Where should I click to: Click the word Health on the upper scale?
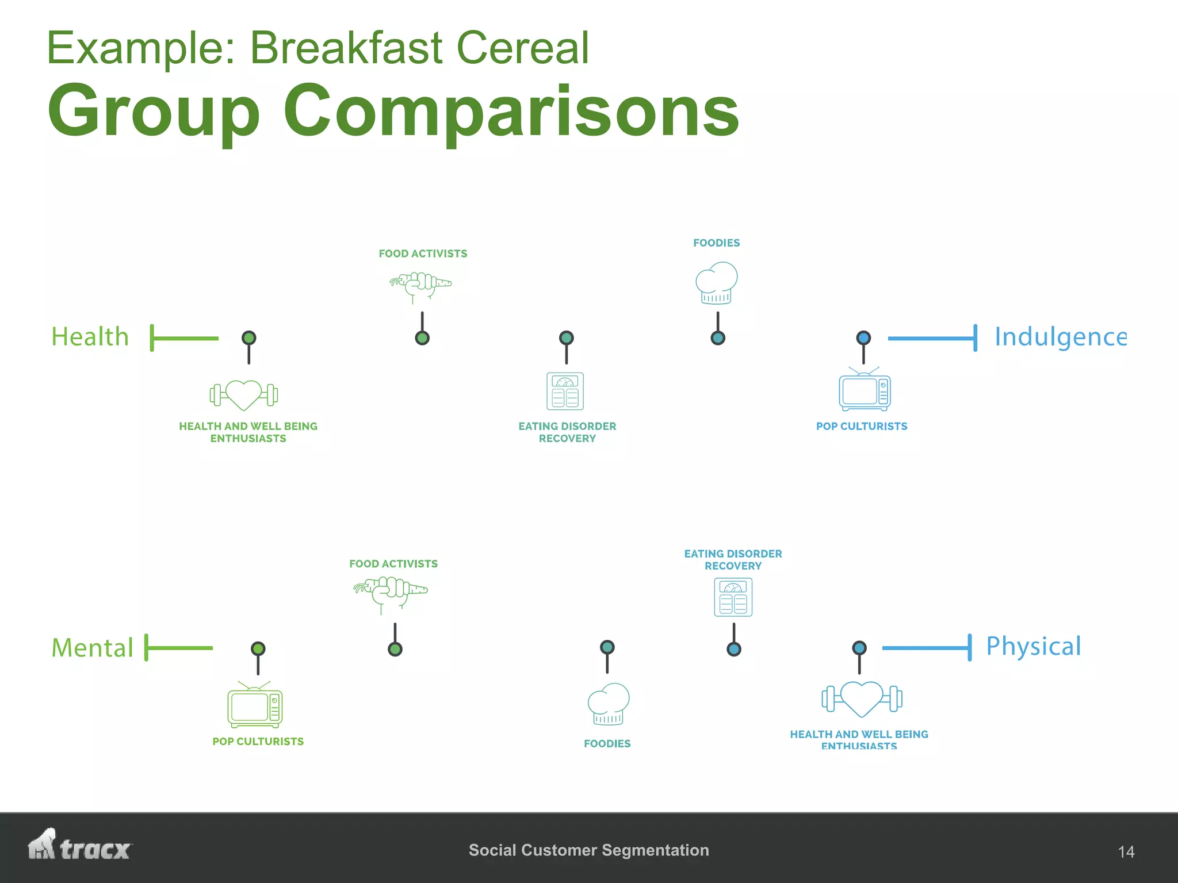[x=90, y=337]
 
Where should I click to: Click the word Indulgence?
[x=1060, y=337]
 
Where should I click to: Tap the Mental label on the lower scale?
[x=93, y=648]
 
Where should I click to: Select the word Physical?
[x=1033, y=646]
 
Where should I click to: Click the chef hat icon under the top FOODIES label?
[x=717, y=283]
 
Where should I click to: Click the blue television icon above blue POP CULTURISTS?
[x=864, y=390]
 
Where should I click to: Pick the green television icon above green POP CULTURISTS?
[x=255, y=705]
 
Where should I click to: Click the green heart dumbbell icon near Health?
[x=244, y=395]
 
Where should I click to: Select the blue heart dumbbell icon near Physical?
[x=861, y=698]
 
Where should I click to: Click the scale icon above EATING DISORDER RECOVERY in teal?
[x=565, y=391]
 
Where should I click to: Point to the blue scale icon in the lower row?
[x=733, y=597]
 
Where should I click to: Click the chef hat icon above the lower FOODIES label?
[x=609, y=704]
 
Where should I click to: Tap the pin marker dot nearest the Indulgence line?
[x=863, y=338]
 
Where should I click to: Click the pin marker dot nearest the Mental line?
[x=258, y=649]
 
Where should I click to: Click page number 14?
[x=1126, y=851]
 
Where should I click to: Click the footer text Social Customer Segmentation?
[x=588, y=850]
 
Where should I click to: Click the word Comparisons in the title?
[x=511, y=110]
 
